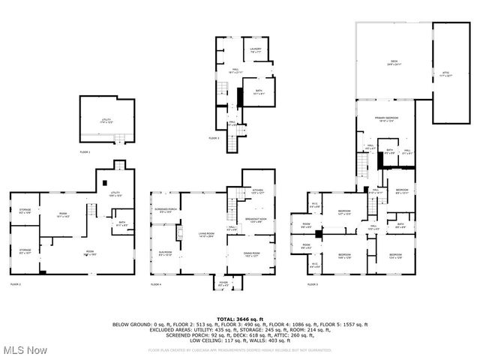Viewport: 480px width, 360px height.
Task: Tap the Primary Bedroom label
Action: (x=386, y=121)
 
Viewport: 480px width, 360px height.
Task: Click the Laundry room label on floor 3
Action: (x=255, y=50)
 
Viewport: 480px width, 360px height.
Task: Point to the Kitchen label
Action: (x=257, y=191)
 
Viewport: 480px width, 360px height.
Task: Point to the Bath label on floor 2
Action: (x=121, y=223)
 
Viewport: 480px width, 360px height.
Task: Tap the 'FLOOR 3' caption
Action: (x=214, y=139)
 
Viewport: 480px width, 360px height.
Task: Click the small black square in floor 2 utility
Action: (x=103, y=182)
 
